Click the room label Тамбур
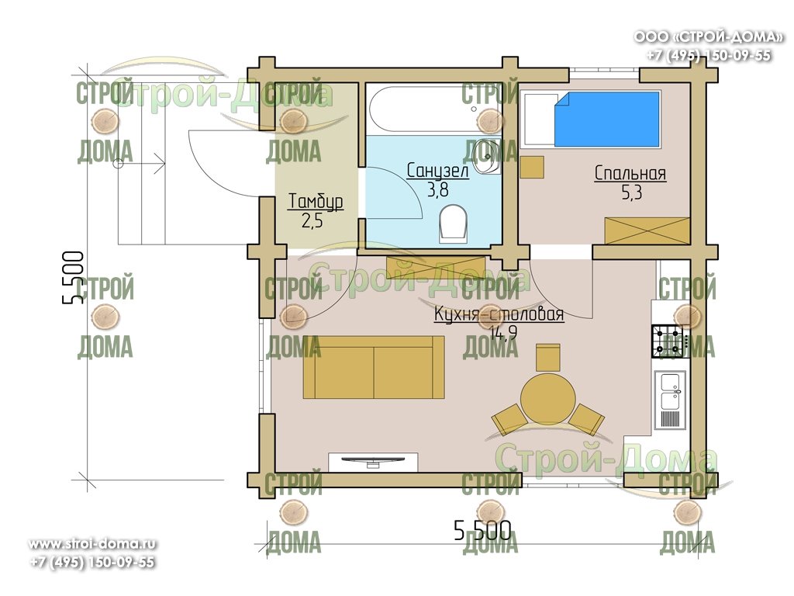click(x=316, y=201)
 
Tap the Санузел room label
click(x=437, y=170)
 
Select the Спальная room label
click(x=630, y=173)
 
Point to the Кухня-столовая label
click(x=499, y=314)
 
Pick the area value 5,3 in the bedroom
click(x=631, y=192)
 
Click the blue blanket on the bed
click(x=607, y=120)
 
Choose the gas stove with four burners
click(x=668, y=341)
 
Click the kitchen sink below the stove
click(x=669, y=400)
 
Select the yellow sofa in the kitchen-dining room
click(x=374, y=367)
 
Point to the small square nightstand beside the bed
click(x=532, y=168)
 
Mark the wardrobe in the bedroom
click(x=647, y=231)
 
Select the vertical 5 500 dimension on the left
click(x=72, y=277)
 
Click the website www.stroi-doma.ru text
click(x=92, y=544)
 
